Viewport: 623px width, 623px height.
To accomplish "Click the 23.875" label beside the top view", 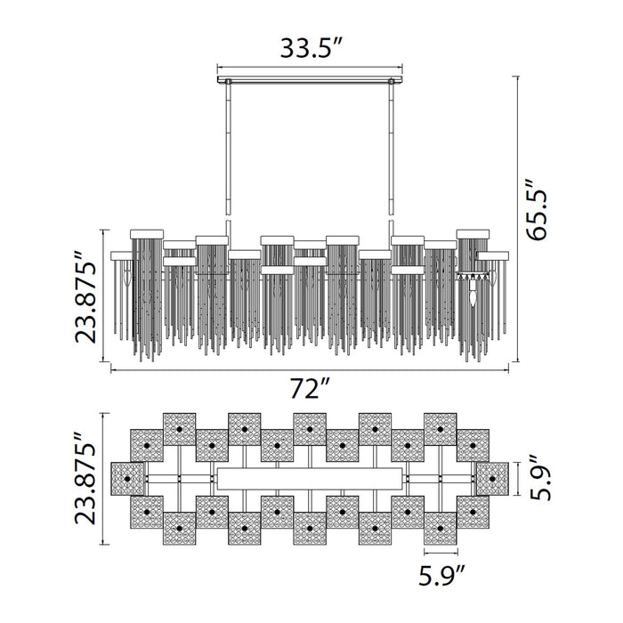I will click(x=85, y=480).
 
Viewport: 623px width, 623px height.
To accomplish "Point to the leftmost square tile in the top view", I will click(x=126, y=480).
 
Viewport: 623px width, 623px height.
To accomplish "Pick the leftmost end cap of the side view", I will click(x=125, y=255).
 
